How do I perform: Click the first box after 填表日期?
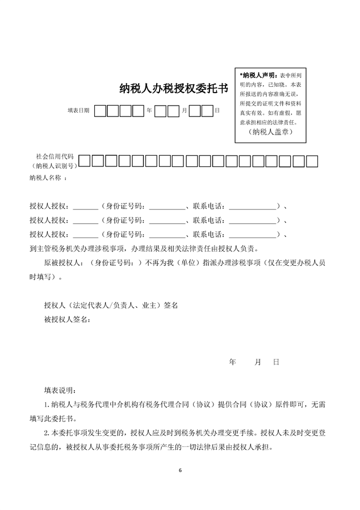tap(101, 110)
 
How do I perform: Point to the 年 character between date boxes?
tap(149, 110)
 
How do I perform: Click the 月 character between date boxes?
tap(184, 110)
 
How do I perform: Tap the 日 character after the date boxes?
tap(217, 110)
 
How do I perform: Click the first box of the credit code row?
tap(84, 161)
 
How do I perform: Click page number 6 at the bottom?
tap(180, 470)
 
